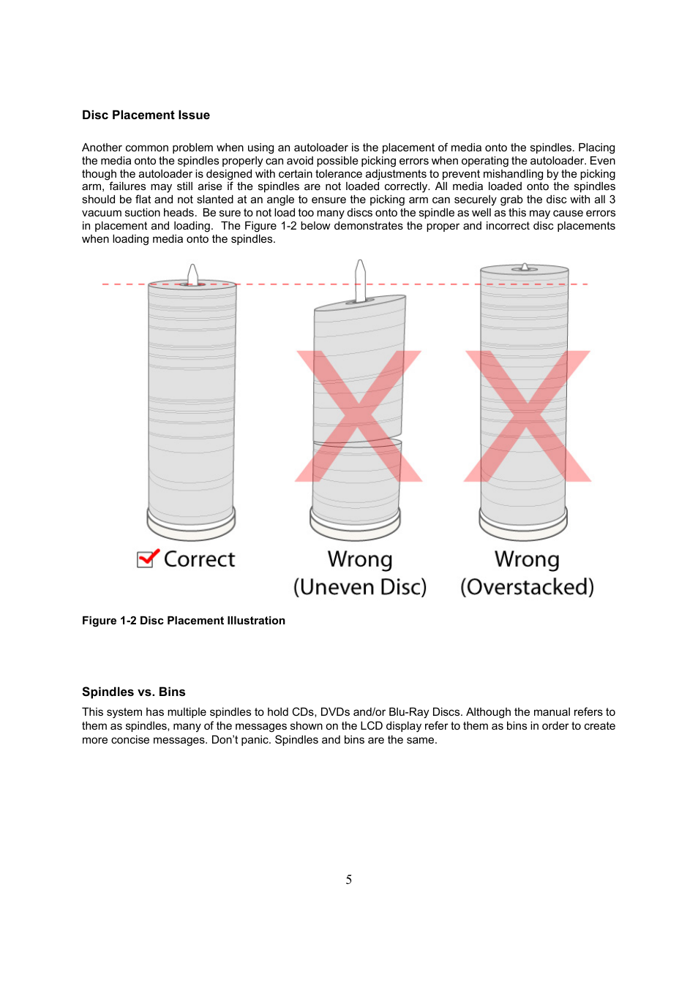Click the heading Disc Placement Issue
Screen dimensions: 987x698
click(x=146, y=116)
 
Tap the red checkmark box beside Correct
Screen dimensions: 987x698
click(x=147, y=559)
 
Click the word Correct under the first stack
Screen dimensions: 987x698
click(x=199, y=559)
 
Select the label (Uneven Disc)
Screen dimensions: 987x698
click(x=359, y=587)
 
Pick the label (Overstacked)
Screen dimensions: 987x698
click(x=527, y=587)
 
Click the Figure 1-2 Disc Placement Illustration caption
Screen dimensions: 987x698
click(x=183, y=621)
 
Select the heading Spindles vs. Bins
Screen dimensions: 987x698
click(x=133, y=692)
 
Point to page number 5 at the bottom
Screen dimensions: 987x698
click(x=349, y=880)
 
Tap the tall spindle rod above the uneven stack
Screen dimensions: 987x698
click(x=360, y=279)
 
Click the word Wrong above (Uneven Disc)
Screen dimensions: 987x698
click(x=359, y=559)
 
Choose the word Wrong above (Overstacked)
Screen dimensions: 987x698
click(x=527, y=559)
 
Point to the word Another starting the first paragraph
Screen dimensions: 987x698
click(x=102, y=148)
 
